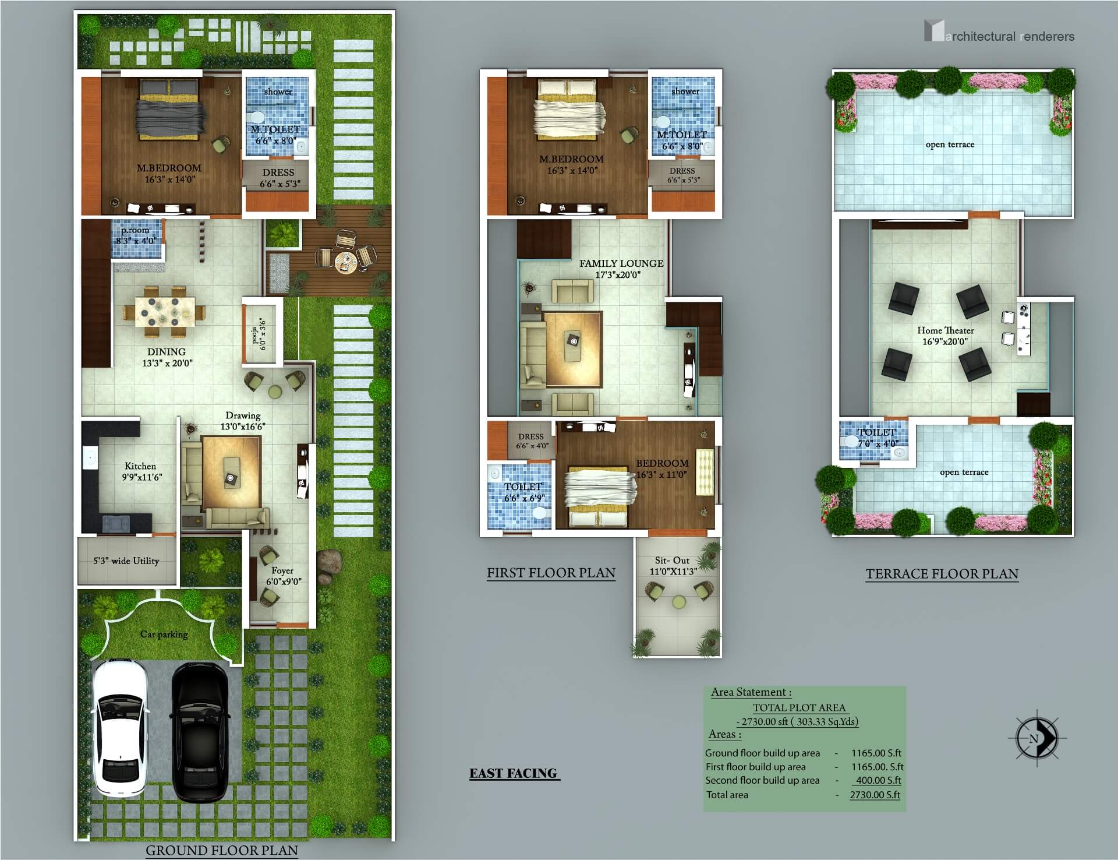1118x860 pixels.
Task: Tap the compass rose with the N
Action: coord(1036,738)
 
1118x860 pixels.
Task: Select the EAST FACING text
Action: coord(513,773)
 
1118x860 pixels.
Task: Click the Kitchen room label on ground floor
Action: coord(140,466)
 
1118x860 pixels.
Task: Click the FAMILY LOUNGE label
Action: coord(621,263)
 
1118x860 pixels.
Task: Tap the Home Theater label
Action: coord(946,330)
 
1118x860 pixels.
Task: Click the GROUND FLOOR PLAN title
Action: coord(222,850)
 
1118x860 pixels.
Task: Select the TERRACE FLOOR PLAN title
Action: coord(942,574)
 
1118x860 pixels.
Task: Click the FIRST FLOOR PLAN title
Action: coord(551,573)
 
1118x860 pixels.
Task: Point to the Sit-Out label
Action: coord(672,561)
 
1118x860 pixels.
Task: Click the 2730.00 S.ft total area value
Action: coord(875,795)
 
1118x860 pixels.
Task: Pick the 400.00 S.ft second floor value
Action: coord(878,780)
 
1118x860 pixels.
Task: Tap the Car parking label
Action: coord(164,634)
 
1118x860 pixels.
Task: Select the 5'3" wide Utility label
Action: coord(126,561)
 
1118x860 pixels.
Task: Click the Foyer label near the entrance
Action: coord(282,570)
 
